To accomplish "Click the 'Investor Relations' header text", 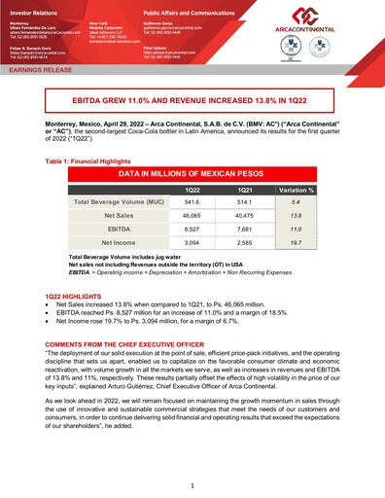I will tap(36, 7).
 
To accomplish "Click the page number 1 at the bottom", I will tap(192, 483).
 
